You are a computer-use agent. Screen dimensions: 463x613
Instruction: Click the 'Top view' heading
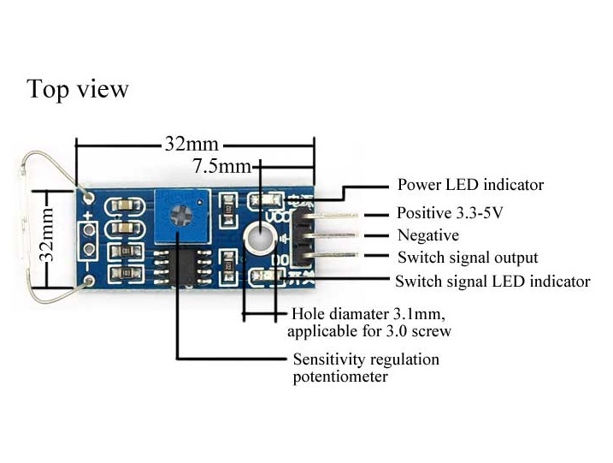[78, 89]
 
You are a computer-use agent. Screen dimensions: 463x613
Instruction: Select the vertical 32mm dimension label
[49, 235]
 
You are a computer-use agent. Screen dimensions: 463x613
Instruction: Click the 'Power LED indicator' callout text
[470, 185]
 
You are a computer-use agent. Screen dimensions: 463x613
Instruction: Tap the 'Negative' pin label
[428, 235]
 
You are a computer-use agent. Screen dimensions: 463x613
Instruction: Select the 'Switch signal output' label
[468, 258]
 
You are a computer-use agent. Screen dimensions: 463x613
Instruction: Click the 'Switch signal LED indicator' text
[492, 281]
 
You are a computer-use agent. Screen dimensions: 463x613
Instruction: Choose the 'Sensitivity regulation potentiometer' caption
[365, 367]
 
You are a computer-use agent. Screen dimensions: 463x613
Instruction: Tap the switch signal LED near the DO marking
[267, 276]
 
